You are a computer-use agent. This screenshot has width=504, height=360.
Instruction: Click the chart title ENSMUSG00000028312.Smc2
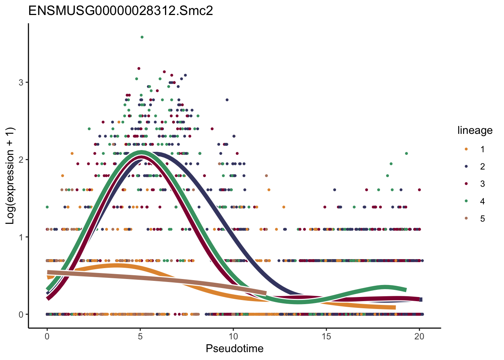click(x=121, y=10)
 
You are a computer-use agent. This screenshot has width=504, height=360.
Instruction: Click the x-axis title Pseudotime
click(x=234, y=349)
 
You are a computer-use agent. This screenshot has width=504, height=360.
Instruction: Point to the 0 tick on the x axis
click(x=47, y=336)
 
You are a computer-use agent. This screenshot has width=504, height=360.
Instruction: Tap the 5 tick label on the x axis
click(x=140, y=336)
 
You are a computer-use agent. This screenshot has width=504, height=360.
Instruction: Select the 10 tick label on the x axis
click(x=233, y=336)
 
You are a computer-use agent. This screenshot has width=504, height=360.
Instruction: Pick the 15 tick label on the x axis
click(x=326, y=336)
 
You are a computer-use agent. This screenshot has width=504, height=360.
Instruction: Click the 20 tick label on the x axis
click(x=419, y=336)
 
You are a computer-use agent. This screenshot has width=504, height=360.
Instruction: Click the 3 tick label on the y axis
click(x=21, y=82)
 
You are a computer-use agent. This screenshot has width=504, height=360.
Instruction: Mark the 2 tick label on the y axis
click(x=21, y=160)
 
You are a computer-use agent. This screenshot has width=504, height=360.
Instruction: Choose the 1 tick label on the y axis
click(x=21, y=237)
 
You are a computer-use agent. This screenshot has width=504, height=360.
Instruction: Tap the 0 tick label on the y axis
click(x=21, y=315)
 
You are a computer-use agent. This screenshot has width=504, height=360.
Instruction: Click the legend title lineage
click(x=475, y=130)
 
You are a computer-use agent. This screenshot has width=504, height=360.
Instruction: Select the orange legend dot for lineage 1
click(x=466, y=149)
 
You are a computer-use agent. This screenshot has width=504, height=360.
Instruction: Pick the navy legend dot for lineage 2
click(x=466, y=166)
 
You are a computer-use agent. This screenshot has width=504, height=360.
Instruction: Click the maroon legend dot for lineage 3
click(x=466, y=184)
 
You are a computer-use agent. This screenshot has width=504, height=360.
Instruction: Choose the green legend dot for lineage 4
click(x=466, y=201)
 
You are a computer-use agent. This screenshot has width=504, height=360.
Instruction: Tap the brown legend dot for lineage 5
click(x=466, y=219)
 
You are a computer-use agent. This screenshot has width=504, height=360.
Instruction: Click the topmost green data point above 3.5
click(x=142, y=37)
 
